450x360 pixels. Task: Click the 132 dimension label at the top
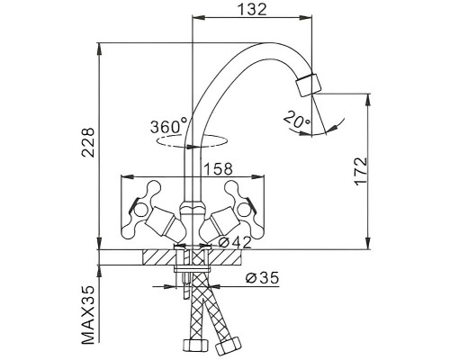(x=252, y=9)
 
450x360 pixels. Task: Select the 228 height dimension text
(x=88, y=142)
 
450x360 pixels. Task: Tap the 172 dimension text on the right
(x=361, y=171)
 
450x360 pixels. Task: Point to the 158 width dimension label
(x=218, y=168)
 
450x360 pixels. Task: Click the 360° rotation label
(x=168, y=126)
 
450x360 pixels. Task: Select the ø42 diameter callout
(x=235, y=243)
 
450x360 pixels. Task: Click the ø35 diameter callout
(x=262, y=278)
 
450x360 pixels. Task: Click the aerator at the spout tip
(x=309, y=85)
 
